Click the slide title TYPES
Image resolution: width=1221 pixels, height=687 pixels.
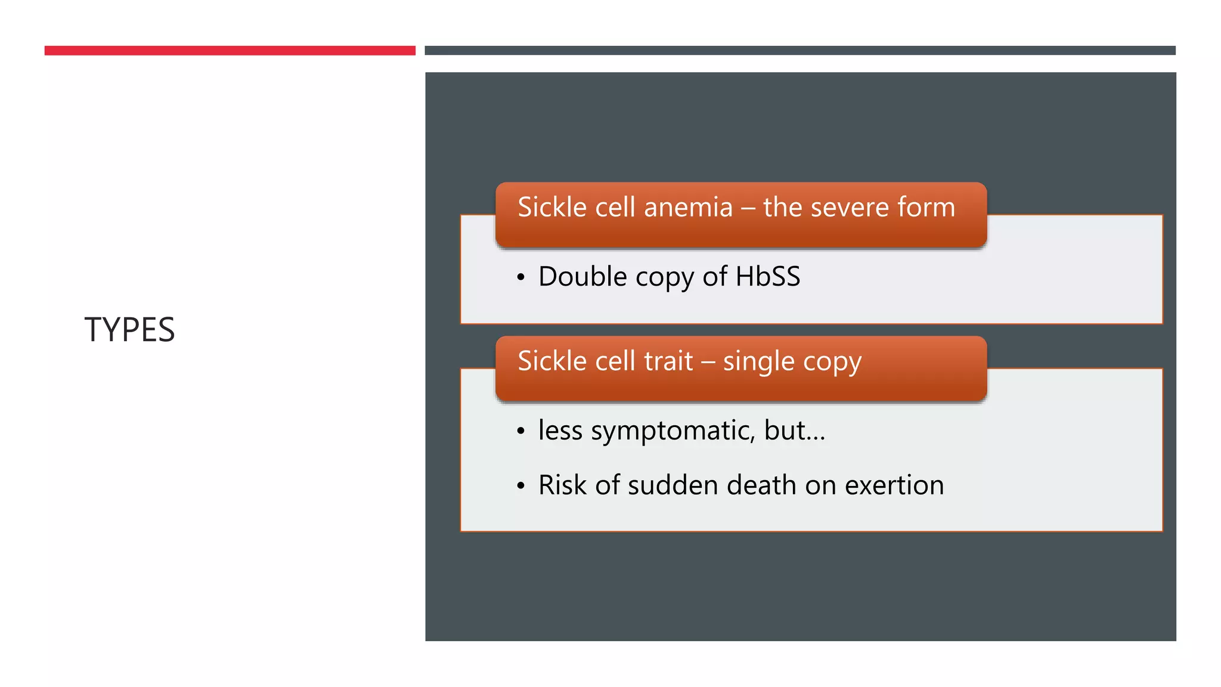tap(129, 330)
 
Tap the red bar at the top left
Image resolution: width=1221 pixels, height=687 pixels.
tap(230, 51)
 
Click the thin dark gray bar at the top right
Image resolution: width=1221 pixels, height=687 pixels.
tap(799, 51)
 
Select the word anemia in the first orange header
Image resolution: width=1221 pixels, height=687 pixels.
tap(688, 208)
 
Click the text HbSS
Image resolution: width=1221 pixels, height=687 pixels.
tap(767, 277)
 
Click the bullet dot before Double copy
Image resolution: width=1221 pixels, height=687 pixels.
tap(521, 278)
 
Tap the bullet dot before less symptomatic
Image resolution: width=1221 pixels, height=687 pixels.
tap(521, 432)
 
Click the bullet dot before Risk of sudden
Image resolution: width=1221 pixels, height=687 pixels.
tap(521, 487)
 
